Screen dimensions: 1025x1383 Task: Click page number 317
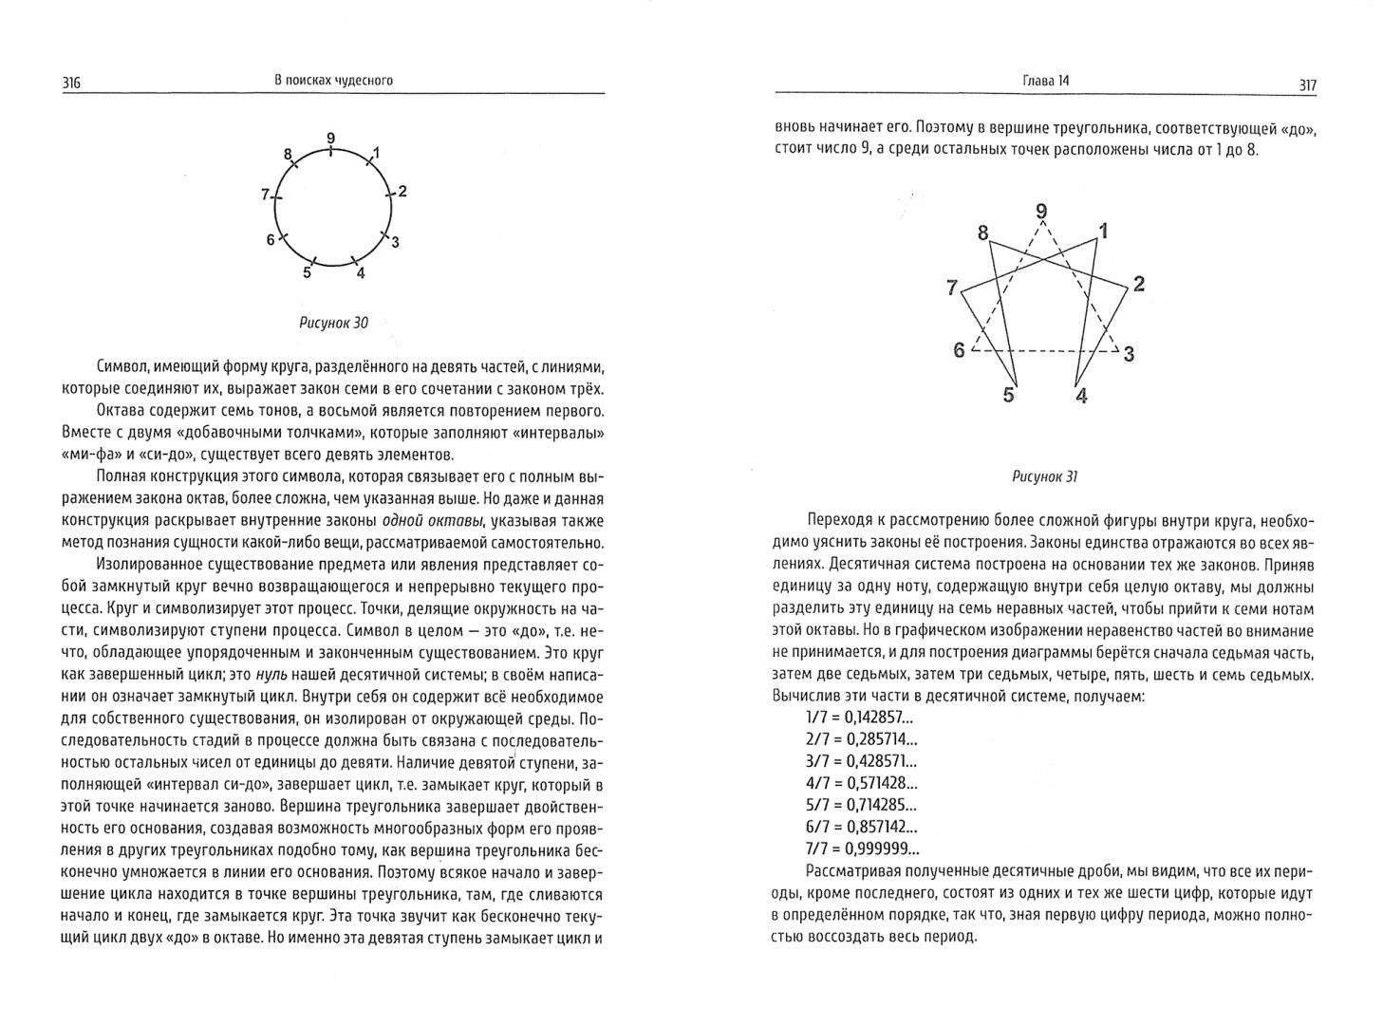[x=1306, y=85]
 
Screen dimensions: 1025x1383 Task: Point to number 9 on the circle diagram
[x=330, y=139]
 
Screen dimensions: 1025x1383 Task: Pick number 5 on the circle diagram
[x=307, y=274]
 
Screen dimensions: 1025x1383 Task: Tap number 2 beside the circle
[x=402, y=192]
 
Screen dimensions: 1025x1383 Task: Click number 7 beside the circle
[x=266, y=196]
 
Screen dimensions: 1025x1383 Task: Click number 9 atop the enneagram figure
[x=1041, y=212]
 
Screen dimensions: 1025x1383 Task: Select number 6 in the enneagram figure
[x=960, y=350]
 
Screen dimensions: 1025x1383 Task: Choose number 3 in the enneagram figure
[x=1129, y=354]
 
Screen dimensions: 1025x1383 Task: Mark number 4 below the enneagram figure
[x=1081, y=396]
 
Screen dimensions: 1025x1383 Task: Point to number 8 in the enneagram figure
[x=982, y=233]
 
